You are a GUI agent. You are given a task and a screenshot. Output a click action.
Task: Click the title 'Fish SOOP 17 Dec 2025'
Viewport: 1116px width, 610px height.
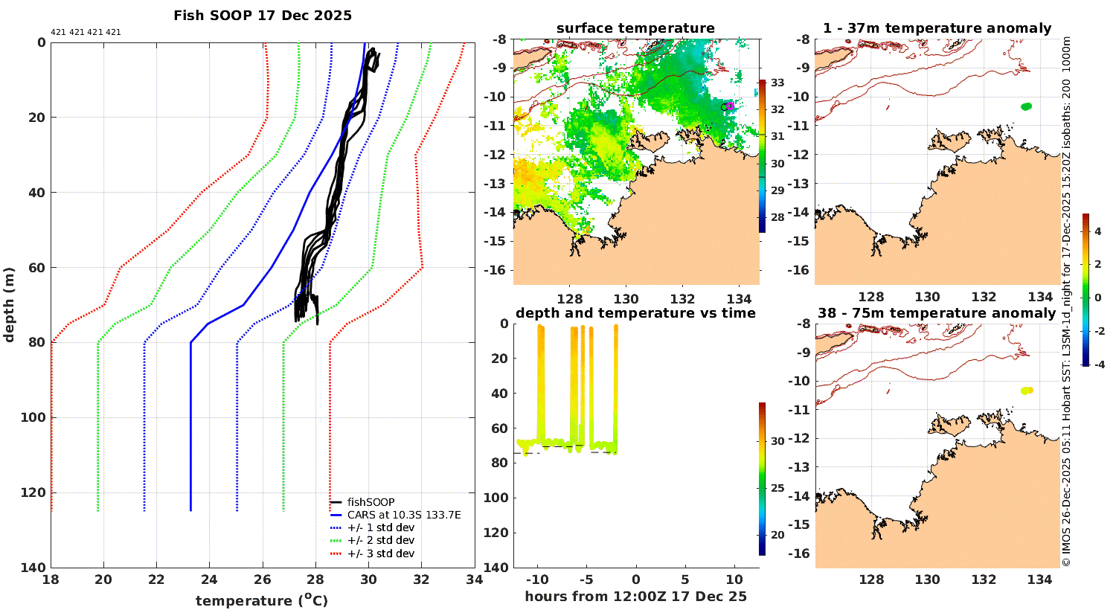263,16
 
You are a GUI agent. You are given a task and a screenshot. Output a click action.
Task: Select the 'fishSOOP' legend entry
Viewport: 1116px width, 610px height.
371,502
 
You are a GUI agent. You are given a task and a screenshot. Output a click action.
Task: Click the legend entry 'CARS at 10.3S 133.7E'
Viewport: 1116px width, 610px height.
404,515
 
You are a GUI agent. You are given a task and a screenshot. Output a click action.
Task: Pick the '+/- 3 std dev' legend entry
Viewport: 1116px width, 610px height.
381,553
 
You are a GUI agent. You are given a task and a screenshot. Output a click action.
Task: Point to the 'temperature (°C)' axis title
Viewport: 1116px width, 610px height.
262,600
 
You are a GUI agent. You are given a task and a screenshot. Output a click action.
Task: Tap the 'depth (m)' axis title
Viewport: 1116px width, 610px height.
9,304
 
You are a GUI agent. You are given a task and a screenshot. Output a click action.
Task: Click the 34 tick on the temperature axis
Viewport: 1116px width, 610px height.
474,580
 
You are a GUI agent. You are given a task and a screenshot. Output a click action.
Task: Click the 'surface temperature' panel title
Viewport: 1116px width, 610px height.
635,28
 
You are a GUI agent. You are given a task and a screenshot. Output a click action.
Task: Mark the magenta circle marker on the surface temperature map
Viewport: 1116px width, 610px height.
730,106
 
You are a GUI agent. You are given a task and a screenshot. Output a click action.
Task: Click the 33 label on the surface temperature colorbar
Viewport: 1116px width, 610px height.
777,83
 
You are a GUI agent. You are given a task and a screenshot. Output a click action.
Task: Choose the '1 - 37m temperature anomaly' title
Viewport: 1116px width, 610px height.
937,28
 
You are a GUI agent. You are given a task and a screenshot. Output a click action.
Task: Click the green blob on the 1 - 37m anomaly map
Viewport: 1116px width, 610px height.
1026,106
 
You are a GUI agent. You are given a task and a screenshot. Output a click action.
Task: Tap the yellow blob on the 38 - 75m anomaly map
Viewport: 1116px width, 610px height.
1027,391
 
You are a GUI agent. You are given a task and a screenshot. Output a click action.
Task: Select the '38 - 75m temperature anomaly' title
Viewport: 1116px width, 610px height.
937,313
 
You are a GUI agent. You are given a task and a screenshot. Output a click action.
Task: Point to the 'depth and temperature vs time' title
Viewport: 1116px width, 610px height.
635,313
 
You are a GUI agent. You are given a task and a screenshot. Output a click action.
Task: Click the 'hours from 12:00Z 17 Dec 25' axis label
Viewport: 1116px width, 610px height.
635,597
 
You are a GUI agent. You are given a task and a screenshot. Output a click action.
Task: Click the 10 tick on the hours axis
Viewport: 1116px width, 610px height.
734,580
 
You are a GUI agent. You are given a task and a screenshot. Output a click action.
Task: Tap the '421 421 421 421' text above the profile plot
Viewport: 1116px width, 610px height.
86,33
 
